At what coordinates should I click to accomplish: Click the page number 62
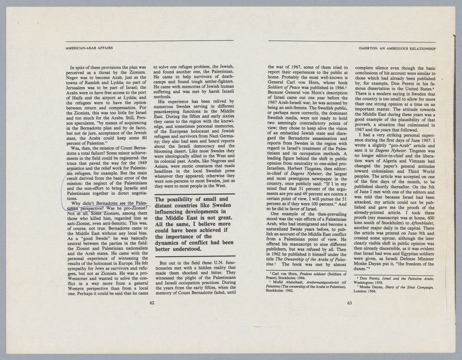click(152, 303)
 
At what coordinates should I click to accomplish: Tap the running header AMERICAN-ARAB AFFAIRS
click(90, 48)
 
